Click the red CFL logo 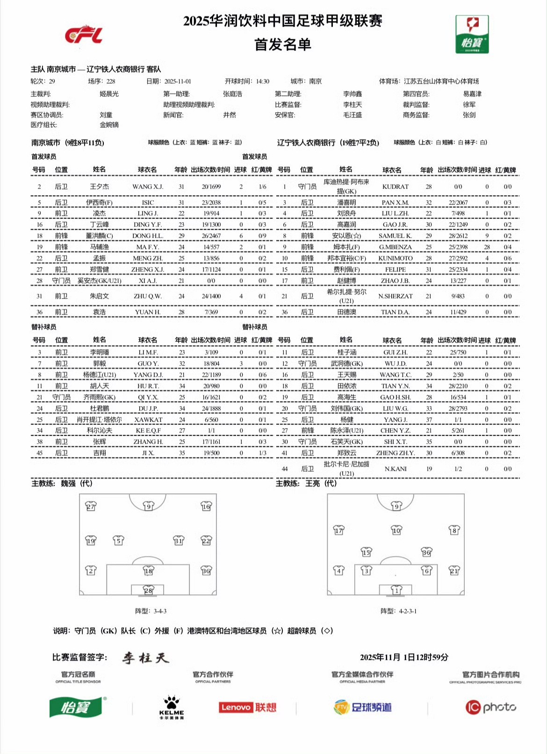click(84, 35)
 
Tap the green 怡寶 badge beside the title click(472, 35)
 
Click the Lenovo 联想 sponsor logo click(247, 707)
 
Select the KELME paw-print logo click(172, 707)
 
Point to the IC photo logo click(490, 707)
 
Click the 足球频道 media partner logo click(362, 707)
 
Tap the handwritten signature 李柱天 click(145, 658)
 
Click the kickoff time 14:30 click(263, 81)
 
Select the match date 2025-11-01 click(178, 81)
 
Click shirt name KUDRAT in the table click(395, 187)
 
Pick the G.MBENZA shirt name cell click(395, 247)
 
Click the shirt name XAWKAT click(148, 420)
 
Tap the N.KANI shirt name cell click(395, 469)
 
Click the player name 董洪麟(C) click(99, 236)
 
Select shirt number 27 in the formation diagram click(91, 506)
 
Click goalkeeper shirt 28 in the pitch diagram click(148, 590)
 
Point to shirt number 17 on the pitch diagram click(338, 530)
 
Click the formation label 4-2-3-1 click(398, 611)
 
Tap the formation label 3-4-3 click(151, 611)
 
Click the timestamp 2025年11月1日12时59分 click(404, 657)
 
